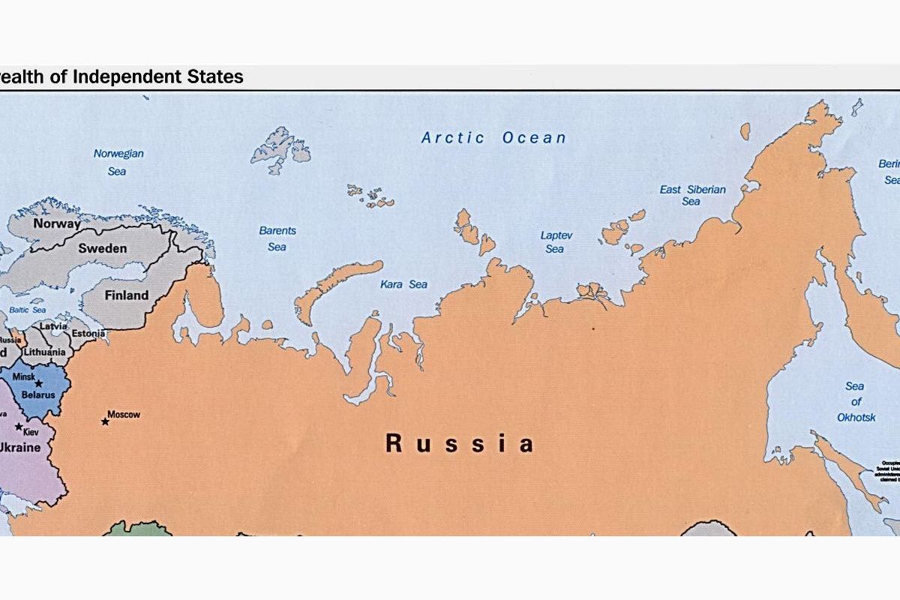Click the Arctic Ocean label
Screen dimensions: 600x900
493,137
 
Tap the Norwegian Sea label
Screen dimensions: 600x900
118,162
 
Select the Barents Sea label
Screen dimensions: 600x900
277,238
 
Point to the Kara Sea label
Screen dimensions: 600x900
403,284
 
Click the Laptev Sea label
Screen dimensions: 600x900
556,241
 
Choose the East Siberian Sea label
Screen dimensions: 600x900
692,195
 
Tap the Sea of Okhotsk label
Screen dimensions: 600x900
855,401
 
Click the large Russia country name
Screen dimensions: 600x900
459,443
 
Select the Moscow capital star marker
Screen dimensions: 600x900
105,421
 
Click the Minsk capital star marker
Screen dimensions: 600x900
38,383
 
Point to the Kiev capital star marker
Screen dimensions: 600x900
19,426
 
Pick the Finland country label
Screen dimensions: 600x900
126,295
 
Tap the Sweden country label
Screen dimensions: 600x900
103,248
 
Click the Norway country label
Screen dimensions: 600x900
56,223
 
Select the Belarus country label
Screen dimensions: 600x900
37,394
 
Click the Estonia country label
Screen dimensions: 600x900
88,334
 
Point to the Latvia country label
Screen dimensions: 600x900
53,326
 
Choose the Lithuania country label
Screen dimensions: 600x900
44,352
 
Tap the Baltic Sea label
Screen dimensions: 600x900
27,310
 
